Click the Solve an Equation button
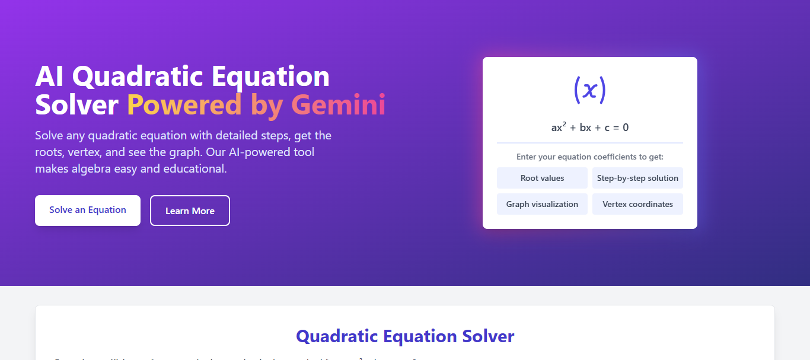click(x=88, y=210)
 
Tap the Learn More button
click(x=190, y=211)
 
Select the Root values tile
click(x=542, y=178)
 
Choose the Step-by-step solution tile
click(x=637, y=178)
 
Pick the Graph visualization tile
click(x=542, y=204)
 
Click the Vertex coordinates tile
click(x=637, y=204)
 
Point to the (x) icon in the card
click(x=589, y=90)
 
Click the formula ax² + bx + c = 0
click(x=589, y=127)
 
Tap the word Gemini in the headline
click(x=339, y=105)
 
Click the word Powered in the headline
click(x=184, y=105)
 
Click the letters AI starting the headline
click(x=50, y=77)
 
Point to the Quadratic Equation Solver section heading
click(x=405, y=336)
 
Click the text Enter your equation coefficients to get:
click(x=589, y=157)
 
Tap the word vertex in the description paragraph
click(x=83, y=152)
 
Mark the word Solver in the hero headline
click(x=76, y=105)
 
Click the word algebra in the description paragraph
click(x=90, y=169)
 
